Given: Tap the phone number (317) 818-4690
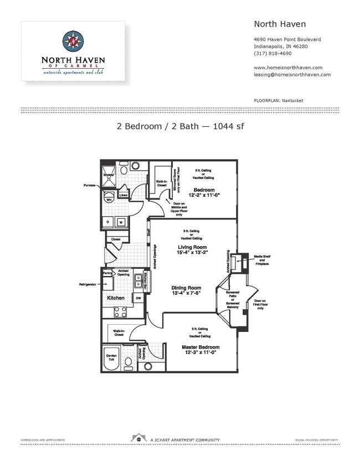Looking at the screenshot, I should (271, 54).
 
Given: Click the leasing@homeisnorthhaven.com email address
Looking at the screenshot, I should (292, 74).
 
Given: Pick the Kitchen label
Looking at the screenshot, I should (116, 298).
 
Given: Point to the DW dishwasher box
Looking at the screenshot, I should (137, 298).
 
